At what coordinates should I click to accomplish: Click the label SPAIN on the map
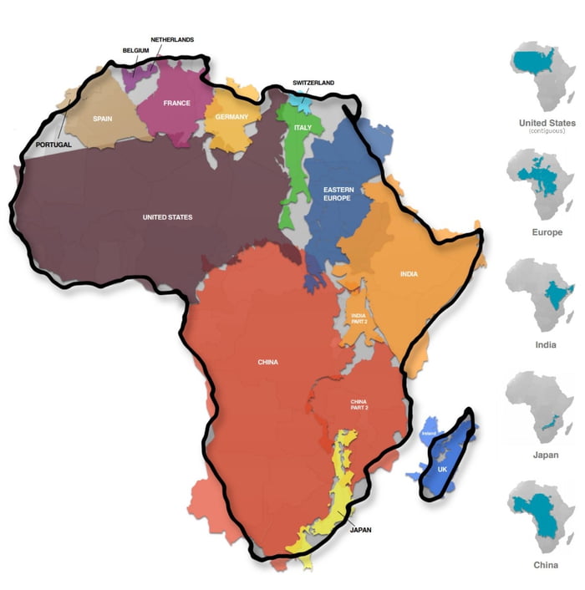pyautogui.click(x=102, y=119)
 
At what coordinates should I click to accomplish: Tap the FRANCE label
pyautogui.click(x=176, y=103)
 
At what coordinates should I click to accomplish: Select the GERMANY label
pyautogui.click(x=231, y=116)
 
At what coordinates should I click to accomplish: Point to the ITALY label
pyautogui.click(x=302, y=127)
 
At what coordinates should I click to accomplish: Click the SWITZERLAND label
pyautogui.click(x=313, y=83)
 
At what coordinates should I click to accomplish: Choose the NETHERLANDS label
pyautogui.click(x=171, y=39)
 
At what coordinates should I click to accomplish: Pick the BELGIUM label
pyautogui.click(x=135, y=50)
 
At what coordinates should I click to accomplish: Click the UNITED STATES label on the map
pyautogui.click(x=167, y=217)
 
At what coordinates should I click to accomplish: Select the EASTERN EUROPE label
pyautogui.click(x=338, y=195)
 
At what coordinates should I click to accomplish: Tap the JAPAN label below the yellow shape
pyautogui.click(x=361, y=529)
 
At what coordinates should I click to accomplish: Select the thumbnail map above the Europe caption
pyautogui.click(x=546, y=184)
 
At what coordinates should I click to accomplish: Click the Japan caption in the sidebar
pyautogui.click(x=546, y=455)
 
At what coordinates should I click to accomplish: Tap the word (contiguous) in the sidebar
pyautogui.click(x=546, y=131)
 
